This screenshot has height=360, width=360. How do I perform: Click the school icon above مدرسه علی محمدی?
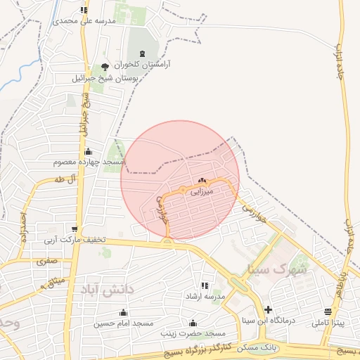point(84,11)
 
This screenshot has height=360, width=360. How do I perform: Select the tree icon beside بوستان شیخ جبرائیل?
point(105,67)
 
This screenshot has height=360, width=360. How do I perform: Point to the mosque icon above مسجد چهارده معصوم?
point(88,151)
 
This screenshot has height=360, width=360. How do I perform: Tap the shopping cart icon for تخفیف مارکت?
point(75,229)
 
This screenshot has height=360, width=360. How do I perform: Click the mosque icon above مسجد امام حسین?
point(124,313)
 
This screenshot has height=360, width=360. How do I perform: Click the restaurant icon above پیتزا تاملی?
point(328,311)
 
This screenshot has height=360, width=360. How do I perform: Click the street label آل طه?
point(63,180)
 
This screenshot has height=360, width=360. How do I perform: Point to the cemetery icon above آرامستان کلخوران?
point(144,53)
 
